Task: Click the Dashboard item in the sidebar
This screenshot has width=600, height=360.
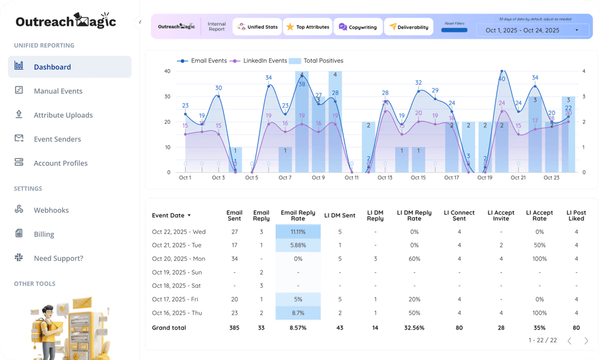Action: tap(52, 67)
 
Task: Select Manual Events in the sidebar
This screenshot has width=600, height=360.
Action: tap(58, 91)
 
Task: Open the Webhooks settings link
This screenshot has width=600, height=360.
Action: tap(51, 210)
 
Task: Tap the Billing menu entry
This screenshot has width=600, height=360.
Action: tap(44, 234)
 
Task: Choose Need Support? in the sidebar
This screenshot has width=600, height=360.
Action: tap(58, 258)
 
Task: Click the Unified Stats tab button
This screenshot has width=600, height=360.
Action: tap(258, 27)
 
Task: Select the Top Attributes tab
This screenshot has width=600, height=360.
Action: tap(308, 27)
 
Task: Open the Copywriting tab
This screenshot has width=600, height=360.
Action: tap(358, 27)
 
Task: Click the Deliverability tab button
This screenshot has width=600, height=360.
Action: tap(408, 27)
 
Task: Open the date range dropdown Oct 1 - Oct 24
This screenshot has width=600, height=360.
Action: tap(531, 30)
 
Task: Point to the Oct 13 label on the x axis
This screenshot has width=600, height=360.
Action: tap(385, 178)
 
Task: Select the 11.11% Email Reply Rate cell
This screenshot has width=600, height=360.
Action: tap(298, 232)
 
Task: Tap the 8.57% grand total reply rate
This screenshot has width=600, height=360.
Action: tap(298, 328)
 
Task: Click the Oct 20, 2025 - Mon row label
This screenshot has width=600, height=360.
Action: tap(179, 259)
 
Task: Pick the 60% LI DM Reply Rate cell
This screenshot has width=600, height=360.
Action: tap(414, 259)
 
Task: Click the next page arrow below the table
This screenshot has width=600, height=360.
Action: tap(586, 341)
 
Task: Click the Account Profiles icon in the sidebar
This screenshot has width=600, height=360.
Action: tap(19, 162)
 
